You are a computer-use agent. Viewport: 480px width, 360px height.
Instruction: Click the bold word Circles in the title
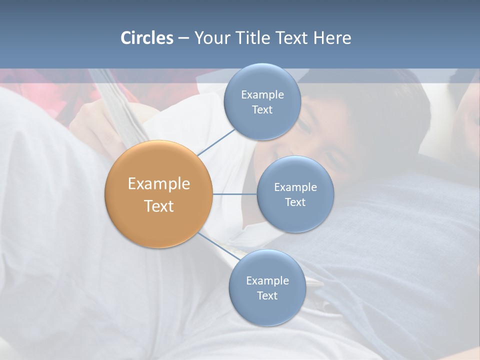coord(146,38)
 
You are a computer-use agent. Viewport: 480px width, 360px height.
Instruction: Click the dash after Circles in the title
coord(183,38)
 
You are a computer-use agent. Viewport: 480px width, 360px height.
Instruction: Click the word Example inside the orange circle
coord(159,184)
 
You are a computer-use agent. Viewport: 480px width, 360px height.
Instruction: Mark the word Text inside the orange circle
coord(159,206)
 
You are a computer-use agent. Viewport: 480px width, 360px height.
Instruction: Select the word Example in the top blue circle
coord(262,95)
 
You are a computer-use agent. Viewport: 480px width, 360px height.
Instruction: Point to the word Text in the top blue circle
coord(262,110)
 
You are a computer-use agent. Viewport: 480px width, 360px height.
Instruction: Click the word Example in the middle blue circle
coord(295,187)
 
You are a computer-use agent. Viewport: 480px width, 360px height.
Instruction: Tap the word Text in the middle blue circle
coord(295,202)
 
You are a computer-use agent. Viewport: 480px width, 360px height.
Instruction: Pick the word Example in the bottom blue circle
coord(267,281)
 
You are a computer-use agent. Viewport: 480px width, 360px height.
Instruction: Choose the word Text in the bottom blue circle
coord(267,296)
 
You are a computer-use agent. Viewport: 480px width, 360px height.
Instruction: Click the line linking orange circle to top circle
coord(216,142)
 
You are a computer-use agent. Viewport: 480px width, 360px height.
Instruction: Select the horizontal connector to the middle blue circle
coord(235,194)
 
